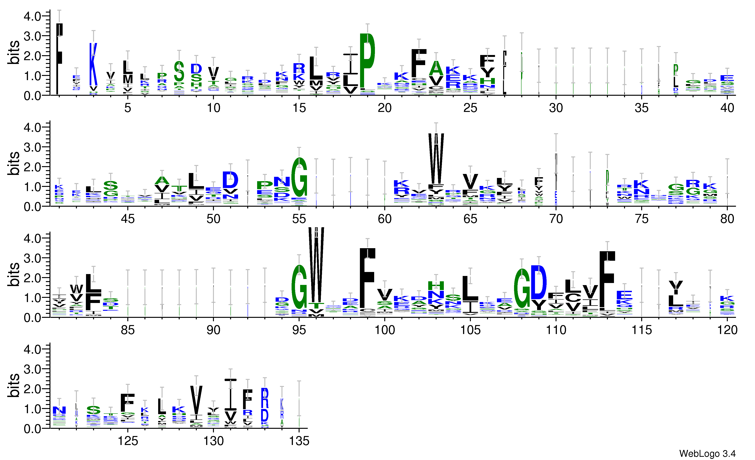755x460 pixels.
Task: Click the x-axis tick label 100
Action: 385,330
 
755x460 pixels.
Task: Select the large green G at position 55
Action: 299,178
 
